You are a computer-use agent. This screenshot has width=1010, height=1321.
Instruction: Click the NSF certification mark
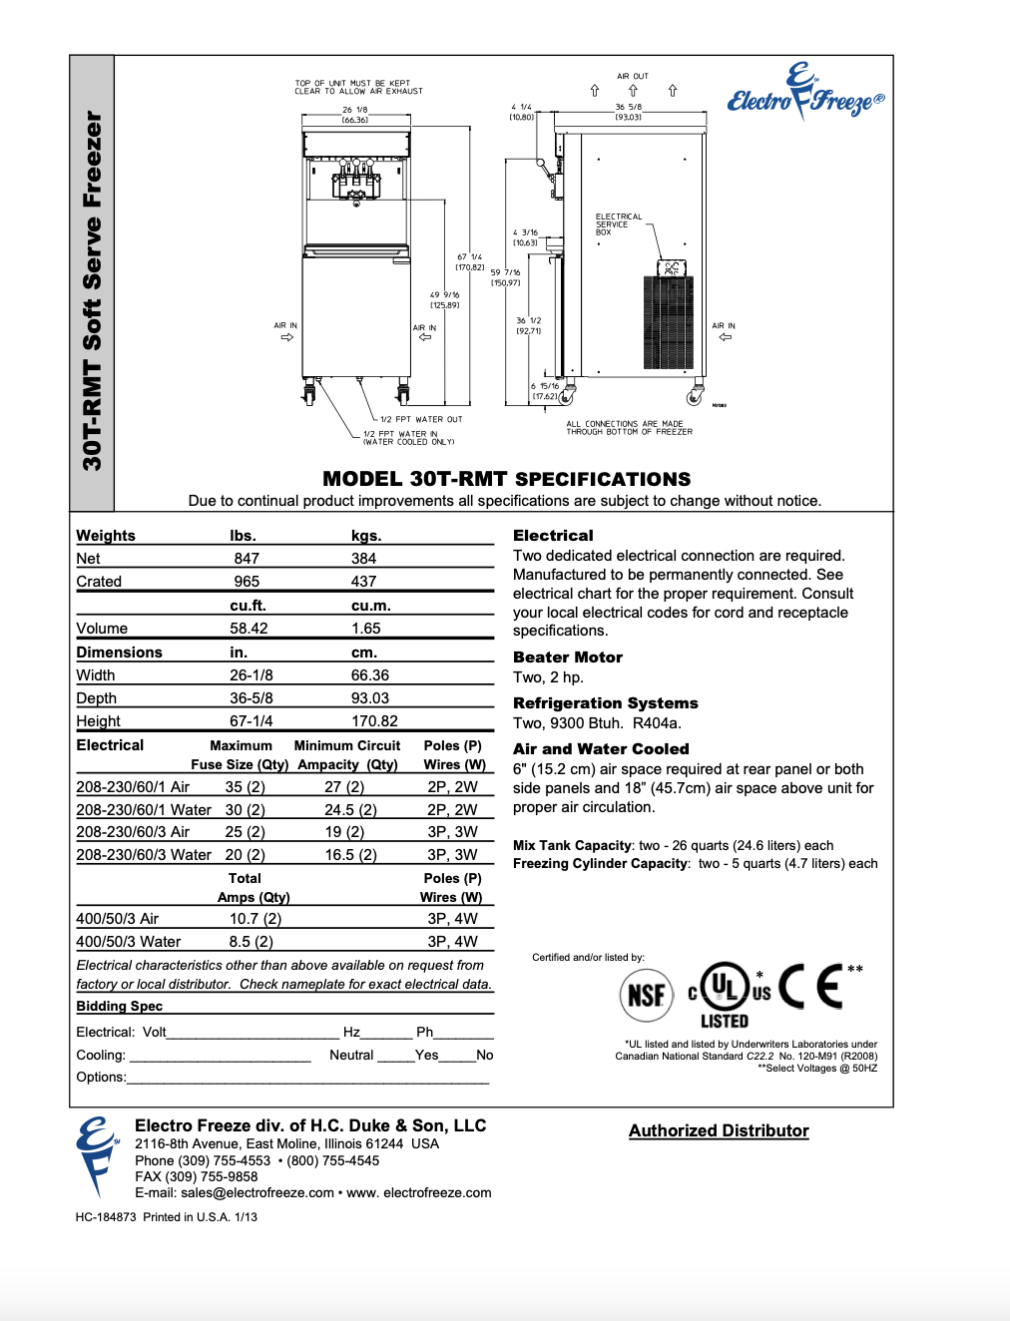click(647, 994)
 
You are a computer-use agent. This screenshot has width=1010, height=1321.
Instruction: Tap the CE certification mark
click(809, 987)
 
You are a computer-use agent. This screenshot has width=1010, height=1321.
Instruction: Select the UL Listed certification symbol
click(726, 993)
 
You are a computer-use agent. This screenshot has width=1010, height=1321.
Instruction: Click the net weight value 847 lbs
click(247, 559)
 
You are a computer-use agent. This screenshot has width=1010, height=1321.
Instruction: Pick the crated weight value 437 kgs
click(363, 582)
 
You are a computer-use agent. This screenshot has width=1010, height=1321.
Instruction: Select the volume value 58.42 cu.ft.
click(249, 629)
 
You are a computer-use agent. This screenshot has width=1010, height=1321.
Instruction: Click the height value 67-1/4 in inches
click(252, 721)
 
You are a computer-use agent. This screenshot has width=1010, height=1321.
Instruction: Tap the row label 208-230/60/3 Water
click(144, 855)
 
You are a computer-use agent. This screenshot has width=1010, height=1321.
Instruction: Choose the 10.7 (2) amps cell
click(255, 919)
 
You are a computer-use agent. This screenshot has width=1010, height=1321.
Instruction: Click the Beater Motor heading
click(568, 658)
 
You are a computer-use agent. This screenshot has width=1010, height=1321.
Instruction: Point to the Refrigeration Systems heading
click(605, 703)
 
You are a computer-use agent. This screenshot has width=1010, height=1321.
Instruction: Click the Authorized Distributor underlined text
click(719, 1130)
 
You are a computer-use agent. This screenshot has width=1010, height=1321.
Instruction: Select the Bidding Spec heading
click(120, 1007)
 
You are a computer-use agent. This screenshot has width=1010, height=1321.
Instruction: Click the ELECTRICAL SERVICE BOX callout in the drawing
click(618, 224)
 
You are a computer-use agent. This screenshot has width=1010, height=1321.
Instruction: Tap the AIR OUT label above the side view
click(633, 76)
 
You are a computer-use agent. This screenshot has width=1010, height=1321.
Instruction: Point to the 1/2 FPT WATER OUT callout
click(421, 420)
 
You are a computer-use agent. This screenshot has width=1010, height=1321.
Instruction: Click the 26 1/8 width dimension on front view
click(355, 111)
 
